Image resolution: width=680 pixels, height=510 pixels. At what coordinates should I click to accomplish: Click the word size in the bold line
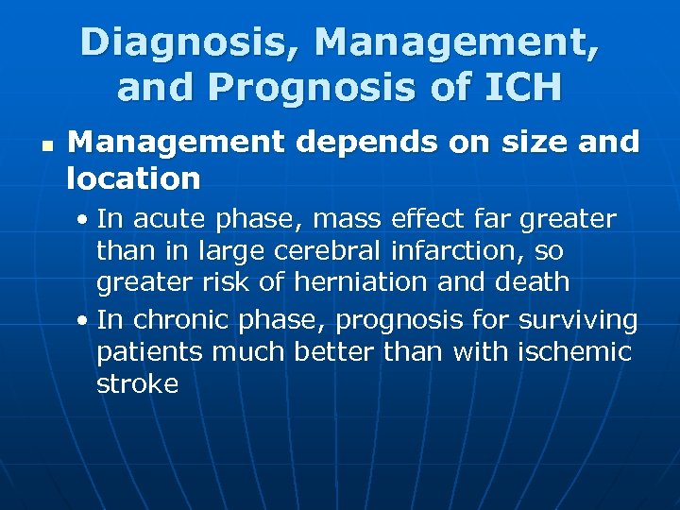523,143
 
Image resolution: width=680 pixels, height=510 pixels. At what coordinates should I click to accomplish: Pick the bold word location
133,178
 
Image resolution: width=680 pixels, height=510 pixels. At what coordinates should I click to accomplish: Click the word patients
152,352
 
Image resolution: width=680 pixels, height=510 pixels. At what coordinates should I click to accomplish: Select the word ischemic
574,352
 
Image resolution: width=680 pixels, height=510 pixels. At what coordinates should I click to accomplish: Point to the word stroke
137,383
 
